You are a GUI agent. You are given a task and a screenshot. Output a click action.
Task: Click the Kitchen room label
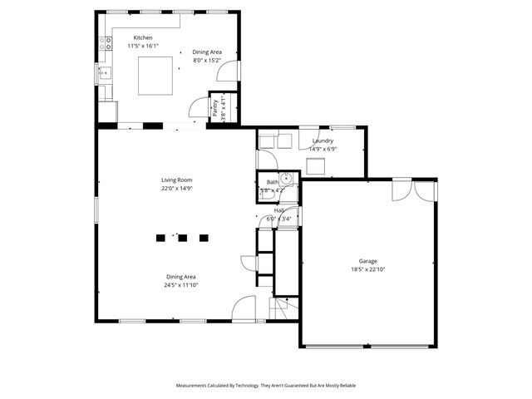[143, 38]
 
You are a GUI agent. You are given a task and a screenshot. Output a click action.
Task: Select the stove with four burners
[106, 44]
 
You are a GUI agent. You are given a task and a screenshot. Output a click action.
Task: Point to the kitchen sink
[106, 73]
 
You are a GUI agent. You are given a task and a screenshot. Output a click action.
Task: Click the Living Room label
[176, 180]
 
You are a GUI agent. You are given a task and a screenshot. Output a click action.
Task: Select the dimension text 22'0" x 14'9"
[176, 189]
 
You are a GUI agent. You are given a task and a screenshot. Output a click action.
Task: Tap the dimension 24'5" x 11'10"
[180, 285]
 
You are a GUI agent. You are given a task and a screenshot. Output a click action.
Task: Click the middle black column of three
[182, 239]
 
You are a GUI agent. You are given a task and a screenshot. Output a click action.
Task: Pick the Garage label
[367, 261]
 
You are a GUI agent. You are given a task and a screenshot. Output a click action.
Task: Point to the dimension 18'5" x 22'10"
[367, 269]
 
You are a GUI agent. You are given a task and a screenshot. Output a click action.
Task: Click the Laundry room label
[323, 140]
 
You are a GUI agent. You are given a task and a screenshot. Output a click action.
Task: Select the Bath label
[272, 182]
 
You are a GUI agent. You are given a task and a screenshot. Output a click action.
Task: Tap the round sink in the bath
[286, 178]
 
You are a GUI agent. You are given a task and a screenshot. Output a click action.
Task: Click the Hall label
[279, 211]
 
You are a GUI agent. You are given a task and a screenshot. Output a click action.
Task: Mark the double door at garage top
[413, 190]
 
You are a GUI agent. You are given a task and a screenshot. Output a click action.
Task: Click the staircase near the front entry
[280, 309]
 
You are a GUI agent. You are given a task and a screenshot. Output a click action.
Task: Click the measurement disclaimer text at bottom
[265, 386]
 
